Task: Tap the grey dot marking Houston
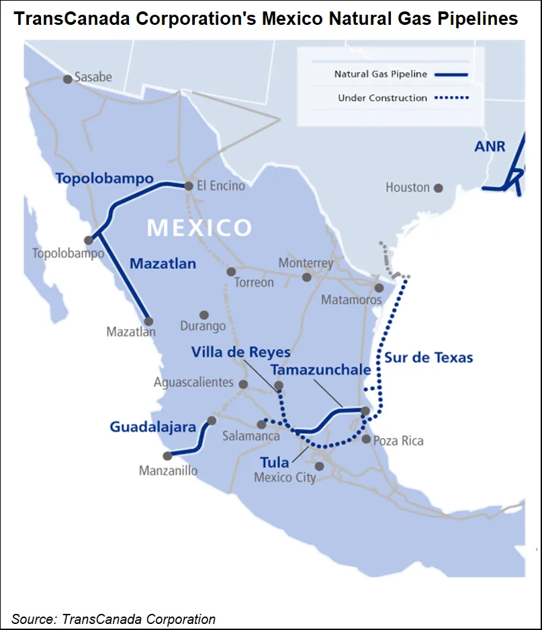pos(438,188)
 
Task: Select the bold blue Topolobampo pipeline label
pos(104,179)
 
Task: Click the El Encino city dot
pos(189,185)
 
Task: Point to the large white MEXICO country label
pos(199,227)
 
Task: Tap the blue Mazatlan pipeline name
pos(163,263)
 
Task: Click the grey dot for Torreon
pos(231,271)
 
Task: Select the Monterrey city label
pos(306,263)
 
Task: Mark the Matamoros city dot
pos(379,287)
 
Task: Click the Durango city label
pos(203,327)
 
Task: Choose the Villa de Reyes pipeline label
pos(240,352)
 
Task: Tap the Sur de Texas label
pos(428,357)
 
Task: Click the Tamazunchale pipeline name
pos(320,370)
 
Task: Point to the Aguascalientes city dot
pos(244,384)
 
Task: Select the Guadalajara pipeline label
pos(152,426)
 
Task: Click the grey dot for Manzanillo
pos(167,455)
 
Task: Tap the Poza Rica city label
pos(399,441)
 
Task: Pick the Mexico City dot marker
pos(320,465)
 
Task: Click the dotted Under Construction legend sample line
pos(451,98)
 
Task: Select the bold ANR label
pos(490,146)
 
